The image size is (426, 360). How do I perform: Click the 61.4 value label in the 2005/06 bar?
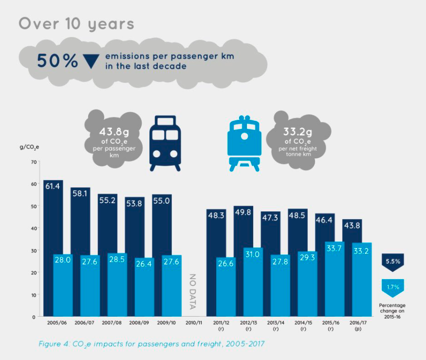pyautogui.click(x=53, y=187)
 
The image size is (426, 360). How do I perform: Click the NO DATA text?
pyautogui.click(x=192, y=291)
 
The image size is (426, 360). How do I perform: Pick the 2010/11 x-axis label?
pyautogui.click(x=193, y=322)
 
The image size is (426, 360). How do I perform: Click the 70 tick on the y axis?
pyautogui.click(x=33, y=162)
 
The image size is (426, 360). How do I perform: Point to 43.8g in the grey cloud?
pyautogui.click(x=113, y=132)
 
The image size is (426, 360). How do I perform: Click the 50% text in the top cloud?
pyautogui.click(x=57, y=61)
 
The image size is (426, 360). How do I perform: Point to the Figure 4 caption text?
pyautogui.click(x=151, y=344)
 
